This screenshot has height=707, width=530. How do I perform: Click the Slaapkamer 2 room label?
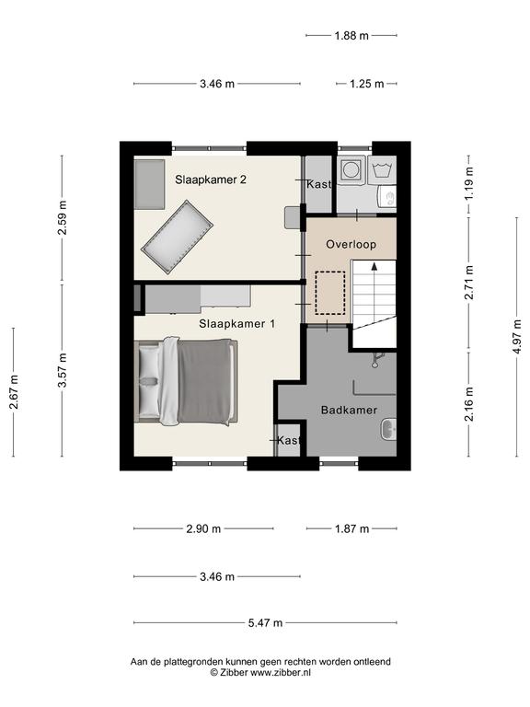(211, 180)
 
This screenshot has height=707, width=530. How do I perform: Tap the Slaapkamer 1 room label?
(237, 324)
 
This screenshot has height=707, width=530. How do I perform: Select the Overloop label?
(351, 244)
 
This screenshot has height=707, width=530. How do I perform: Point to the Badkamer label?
(349, 410)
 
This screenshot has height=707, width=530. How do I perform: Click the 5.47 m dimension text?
(265, 622)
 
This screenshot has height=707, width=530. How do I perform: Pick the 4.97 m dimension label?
(517, 336)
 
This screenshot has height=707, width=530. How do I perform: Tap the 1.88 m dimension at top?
(351, 35)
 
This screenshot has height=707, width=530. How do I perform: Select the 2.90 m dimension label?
(203, 528)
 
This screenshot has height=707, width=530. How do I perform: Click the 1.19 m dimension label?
(469, 183)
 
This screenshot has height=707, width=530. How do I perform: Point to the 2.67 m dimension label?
(14, 392)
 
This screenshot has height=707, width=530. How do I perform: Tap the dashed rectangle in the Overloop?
(330, 293)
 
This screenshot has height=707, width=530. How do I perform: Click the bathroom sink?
(388, 430)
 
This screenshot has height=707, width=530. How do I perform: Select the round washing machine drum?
(351, 169)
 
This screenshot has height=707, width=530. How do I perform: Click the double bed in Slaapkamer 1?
(187, 382)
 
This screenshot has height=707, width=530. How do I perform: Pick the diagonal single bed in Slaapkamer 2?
(177, 238)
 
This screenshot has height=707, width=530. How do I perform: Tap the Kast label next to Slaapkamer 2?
(318, 184)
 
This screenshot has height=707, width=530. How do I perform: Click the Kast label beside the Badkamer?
(288, 440)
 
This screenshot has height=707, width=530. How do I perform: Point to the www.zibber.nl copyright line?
(260, 673)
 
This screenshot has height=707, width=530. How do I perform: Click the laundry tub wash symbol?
(382, 169)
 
